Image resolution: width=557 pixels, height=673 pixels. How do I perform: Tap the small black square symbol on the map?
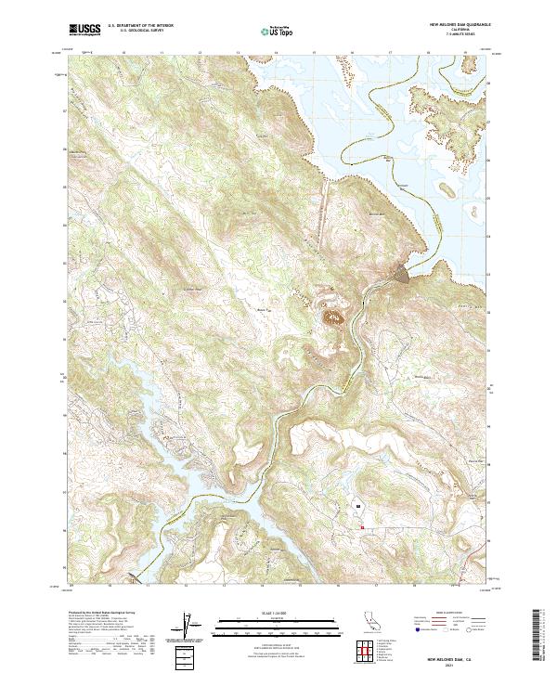356,506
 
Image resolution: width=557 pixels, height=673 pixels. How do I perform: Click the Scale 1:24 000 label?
269,613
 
